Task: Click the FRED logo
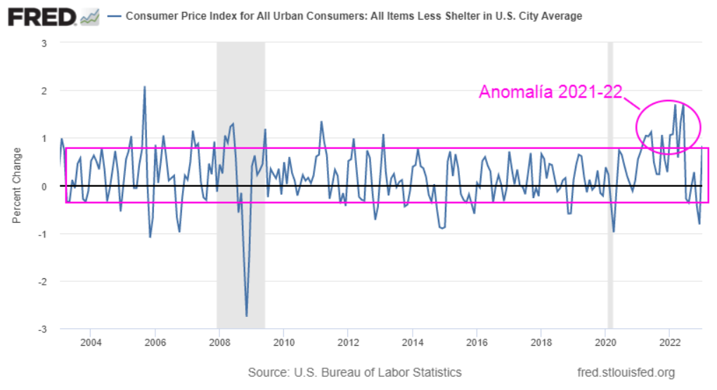tap(42, 16)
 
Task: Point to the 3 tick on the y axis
tap(44, 43)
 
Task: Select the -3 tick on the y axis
tap(42, 330)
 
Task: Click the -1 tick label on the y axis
tap(42, 234)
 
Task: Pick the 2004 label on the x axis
tap(90, 343)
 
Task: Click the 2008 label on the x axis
tap(219, 343)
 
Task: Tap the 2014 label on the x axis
tap(412, 343)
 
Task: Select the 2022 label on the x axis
tap(668, 343)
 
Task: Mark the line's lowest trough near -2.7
tap(247, 316)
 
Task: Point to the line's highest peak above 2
tap(145, 87)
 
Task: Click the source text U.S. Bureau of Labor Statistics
tap(355, 372)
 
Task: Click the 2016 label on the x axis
tap(476, 343)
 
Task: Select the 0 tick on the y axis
tap(44, 186)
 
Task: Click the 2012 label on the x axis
tap(347, 343)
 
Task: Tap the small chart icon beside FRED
tap(90, 16)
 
